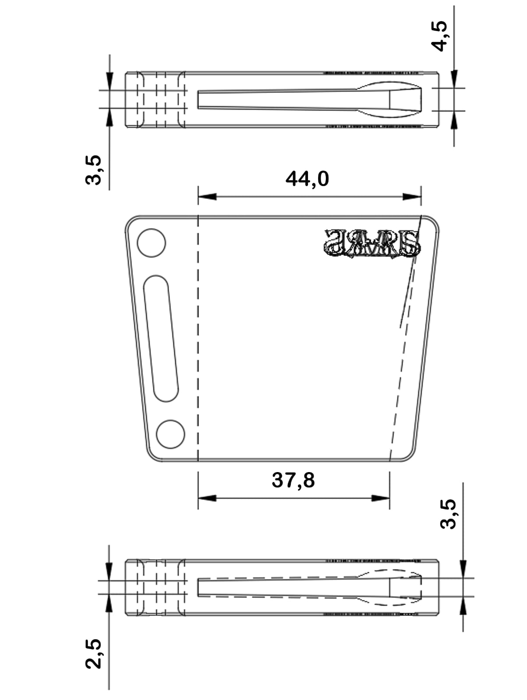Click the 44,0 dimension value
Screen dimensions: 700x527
pyautogui.click(x=307, y=178)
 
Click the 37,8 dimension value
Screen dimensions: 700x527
pyautogui.click(x=293, y=480)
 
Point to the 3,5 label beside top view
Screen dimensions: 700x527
pyautogui.click(x=94, y=170)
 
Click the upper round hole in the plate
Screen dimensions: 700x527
pyautogui.click(x=152, y=243)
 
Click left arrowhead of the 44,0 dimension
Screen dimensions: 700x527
pyautogui.click(x=207, y=197)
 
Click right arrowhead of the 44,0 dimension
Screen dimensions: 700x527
pyautogui.click(x=412, y=197)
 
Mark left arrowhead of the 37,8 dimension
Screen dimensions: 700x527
pyautogui.click(x=207, y=498)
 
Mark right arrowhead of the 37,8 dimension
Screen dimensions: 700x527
pyautogui.click(x=380, y=498)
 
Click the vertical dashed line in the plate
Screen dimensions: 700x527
pyautogui.click(x=198, y=337)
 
